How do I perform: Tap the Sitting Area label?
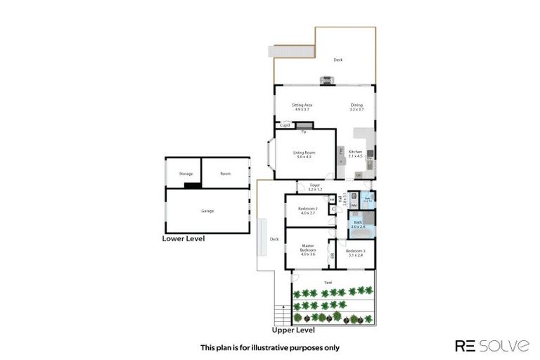[302, 107]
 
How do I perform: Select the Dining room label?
[356, 107]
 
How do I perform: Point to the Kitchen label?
[356, 154]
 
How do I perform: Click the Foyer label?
[315, 187]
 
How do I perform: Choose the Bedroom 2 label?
[308, 210]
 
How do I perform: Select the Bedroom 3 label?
[356, 252]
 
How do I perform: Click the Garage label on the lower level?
[207, 211]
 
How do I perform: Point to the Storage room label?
[186, 173]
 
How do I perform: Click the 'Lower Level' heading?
[184, 239]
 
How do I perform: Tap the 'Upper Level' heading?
[293, 330]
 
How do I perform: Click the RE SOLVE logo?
[491, 345]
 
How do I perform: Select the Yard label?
[328, 283]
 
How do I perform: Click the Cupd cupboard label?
[285, 125]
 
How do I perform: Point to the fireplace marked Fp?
[304, 131]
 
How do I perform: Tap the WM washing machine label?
[354, 205]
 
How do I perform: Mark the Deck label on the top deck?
[338, 60]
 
